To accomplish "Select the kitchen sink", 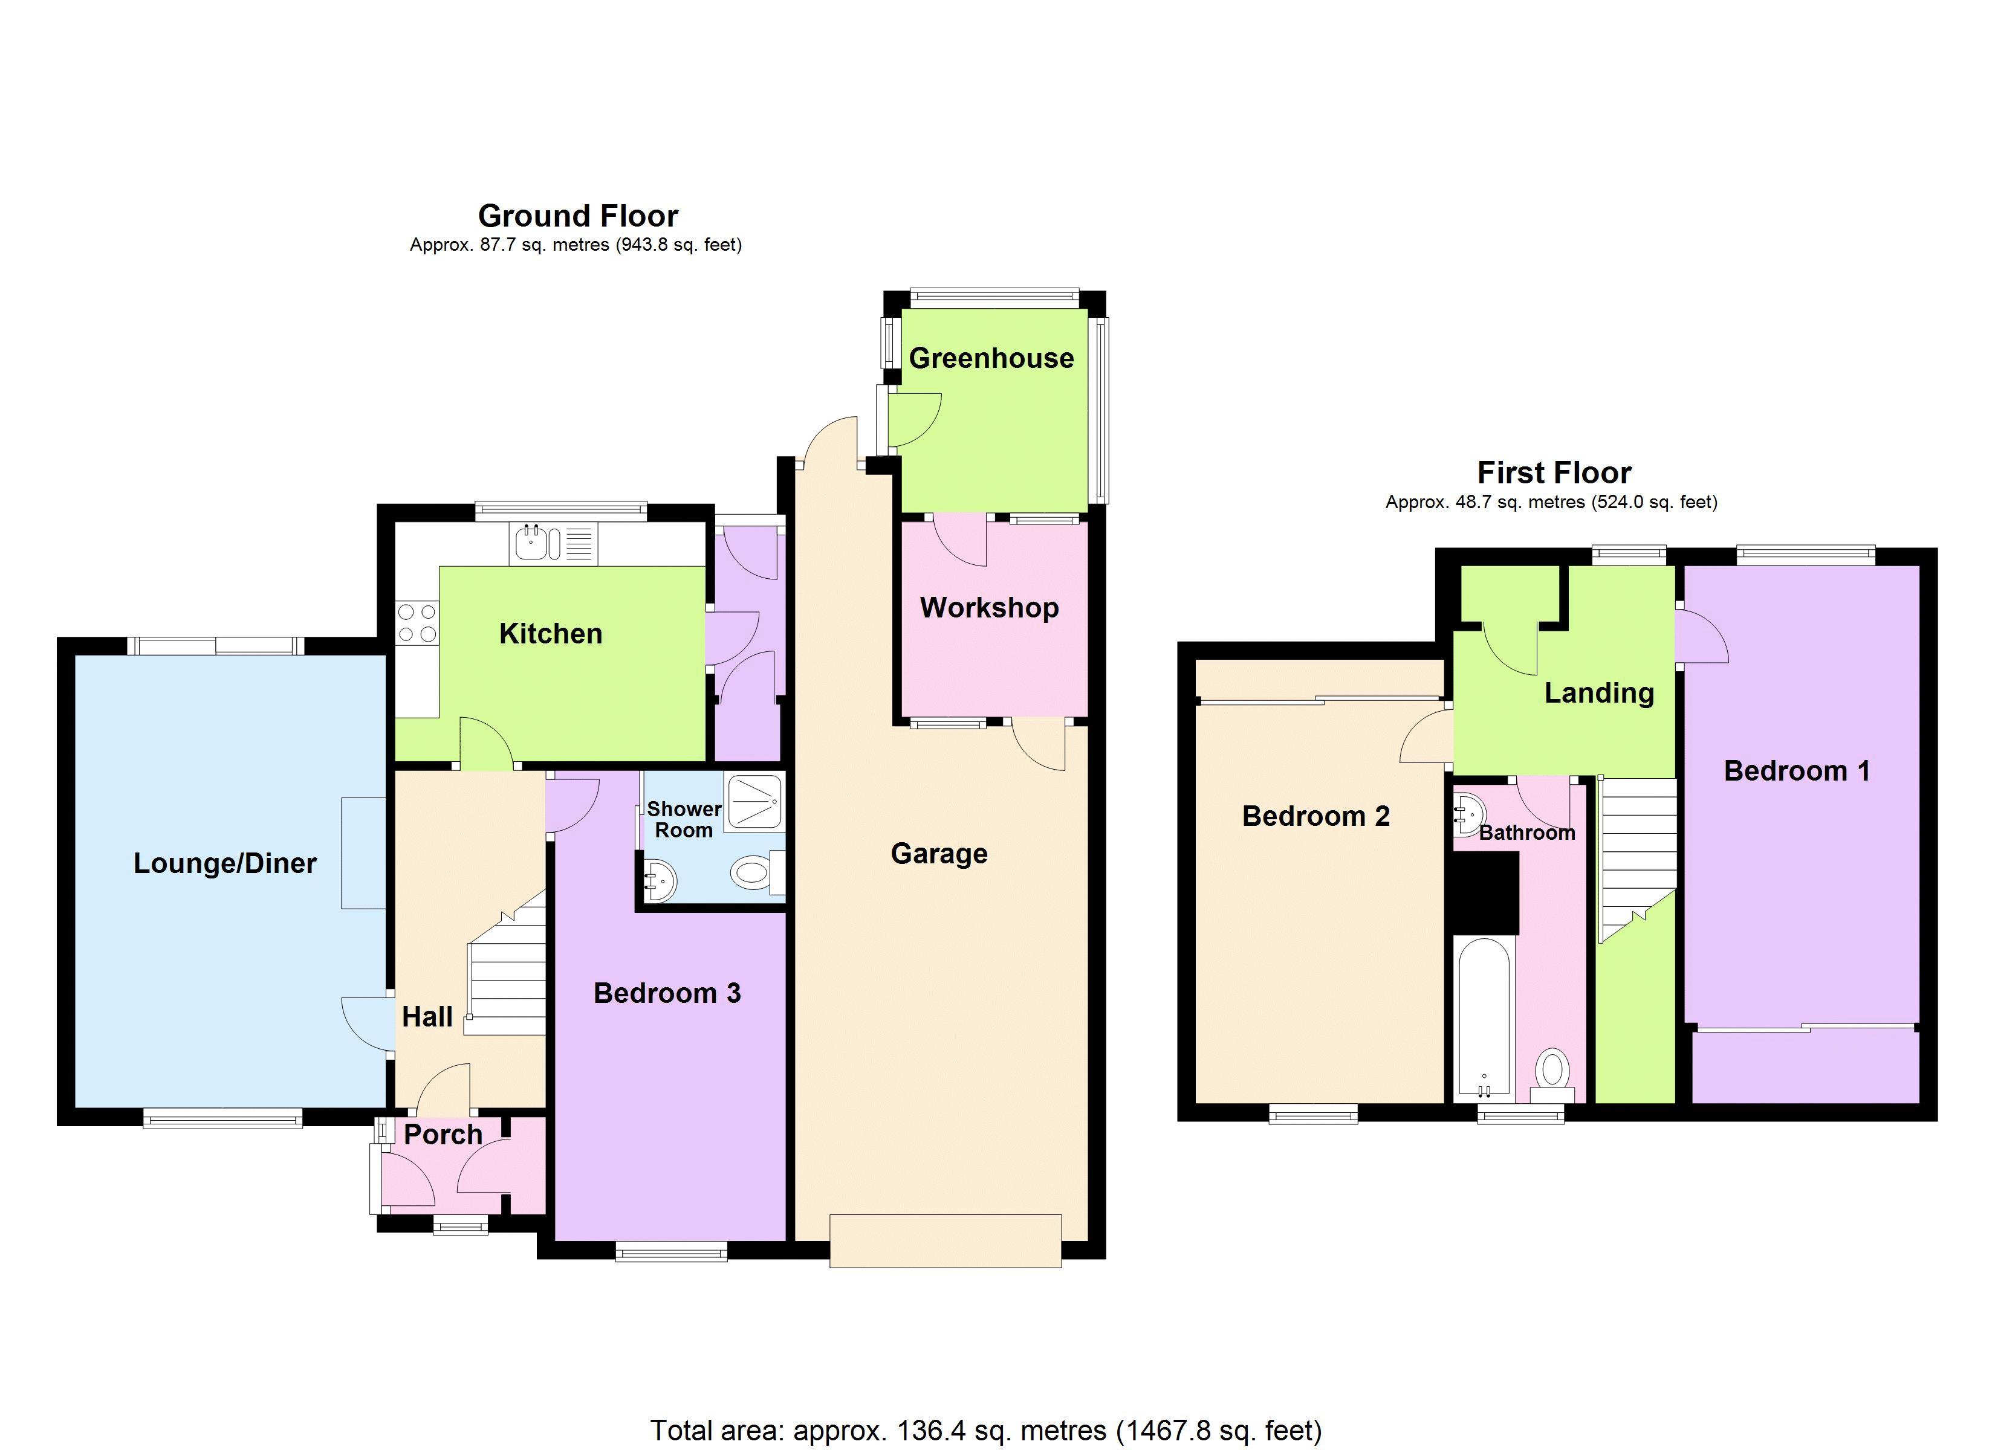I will tap(531, 543).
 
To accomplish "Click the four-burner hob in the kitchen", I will tap(417, 622).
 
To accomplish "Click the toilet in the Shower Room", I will tap(752, 873).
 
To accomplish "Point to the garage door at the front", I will tap(945, 1241).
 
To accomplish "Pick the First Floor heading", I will tap(1554, 473).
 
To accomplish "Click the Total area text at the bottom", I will tap(985, 1431).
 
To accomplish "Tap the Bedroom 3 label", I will tap(667, 994).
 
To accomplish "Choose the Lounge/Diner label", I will tap(224, 863).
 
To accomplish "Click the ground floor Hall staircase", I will tap(508, 976).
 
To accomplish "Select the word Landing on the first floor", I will tap(1598, 693).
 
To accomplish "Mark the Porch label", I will tap(443, 1135).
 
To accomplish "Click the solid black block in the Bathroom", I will tap(1485, 892).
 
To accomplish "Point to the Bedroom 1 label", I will tap(1796, 771).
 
